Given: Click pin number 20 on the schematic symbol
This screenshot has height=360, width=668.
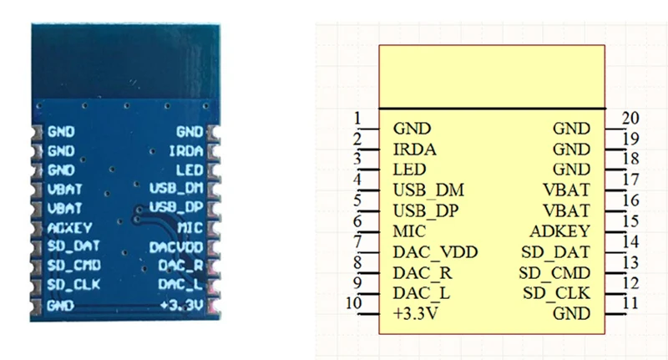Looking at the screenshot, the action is pyautogui.click(x=630, y=118).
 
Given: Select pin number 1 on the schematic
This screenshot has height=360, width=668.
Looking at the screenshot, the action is pyautogui.click(x=357, y=118).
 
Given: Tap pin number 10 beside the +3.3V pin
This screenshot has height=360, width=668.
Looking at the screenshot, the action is pyautogui.click(x=353, y=303).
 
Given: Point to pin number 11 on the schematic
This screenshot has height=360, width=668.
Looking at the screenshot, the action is pyautogui.click(x=630, y=303).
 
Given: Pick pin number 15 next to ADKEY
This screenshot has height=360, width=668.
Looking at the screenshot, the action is pyautogui.click(x=630, y=221).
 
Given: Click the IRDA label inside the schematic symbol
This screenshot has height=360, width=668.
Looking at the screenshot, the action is pyautogui.click(x=414, y=150).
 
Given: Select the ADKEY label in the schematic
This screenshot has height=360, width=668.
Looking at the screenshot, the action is pyautogui.click(x=559, y=231).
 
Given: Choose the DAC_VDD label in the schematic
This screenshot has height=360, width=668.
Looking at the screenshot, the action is pyautogui.click(x=435, y=252).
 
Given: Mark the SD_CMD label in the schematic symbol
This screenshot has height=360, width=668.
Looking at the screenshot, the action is pyautogui.click(x=554, y=273).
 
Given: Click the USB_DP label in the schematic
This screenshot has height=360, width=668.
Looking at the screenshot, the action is pyautogui.click(x=426, y=210).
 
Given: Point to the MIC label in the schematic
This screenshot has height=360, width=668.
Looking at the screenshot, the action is pyautogui.click(x=409, y=231).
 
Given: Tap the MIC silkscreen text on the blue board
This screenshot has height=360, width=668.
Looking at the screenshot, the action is pyautogui.click(x=190, y=228).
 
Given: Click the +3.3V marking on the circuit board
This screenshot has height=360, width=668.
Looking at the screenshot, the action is pyautogui.click(x=182, y=305).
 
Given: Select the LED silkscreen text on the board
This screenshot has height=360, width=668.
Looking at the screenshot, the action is pyautogui.click(x=190, y=170).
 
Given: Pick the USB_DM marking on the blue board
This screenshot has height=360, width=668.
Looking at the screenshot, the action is pyautogui.click(x=176, y=188).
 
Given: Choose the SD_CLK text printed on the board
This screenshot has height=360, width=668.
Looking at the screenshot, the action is pyautogui.click(x=73, y=285).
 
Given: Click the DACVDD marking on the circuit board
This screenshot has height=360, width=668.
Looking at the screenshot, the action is pyautogui.click(x=176, y=247).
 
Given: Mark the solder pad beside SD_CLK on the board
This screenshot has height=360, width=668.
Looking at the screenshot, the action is pyautogui.click(x=37, y=285).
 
